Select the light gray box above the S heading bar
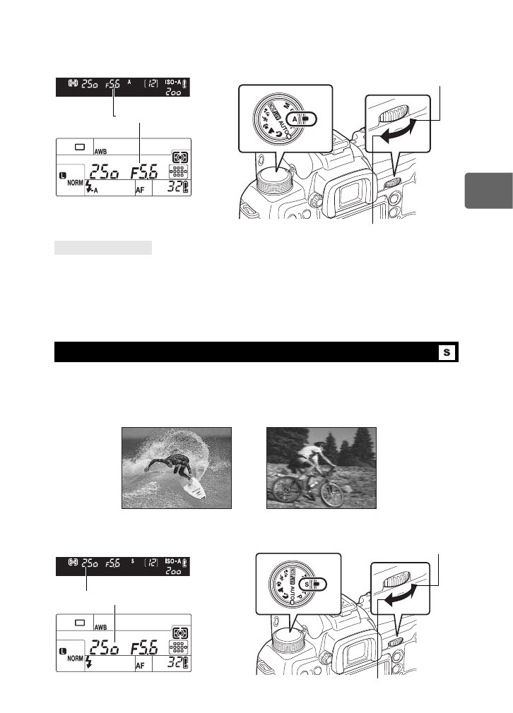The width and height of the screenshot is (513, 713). tap(103, 248)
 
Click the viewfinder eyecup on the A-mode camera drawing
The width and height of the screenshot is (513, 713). tap(343, 193)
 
